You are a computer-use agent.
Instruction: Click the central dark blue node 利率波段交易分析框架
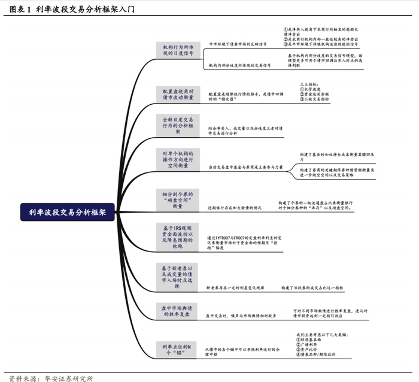point(67,211)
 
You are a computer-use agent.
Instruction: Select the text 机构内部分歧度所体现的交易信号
point(239,65)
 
